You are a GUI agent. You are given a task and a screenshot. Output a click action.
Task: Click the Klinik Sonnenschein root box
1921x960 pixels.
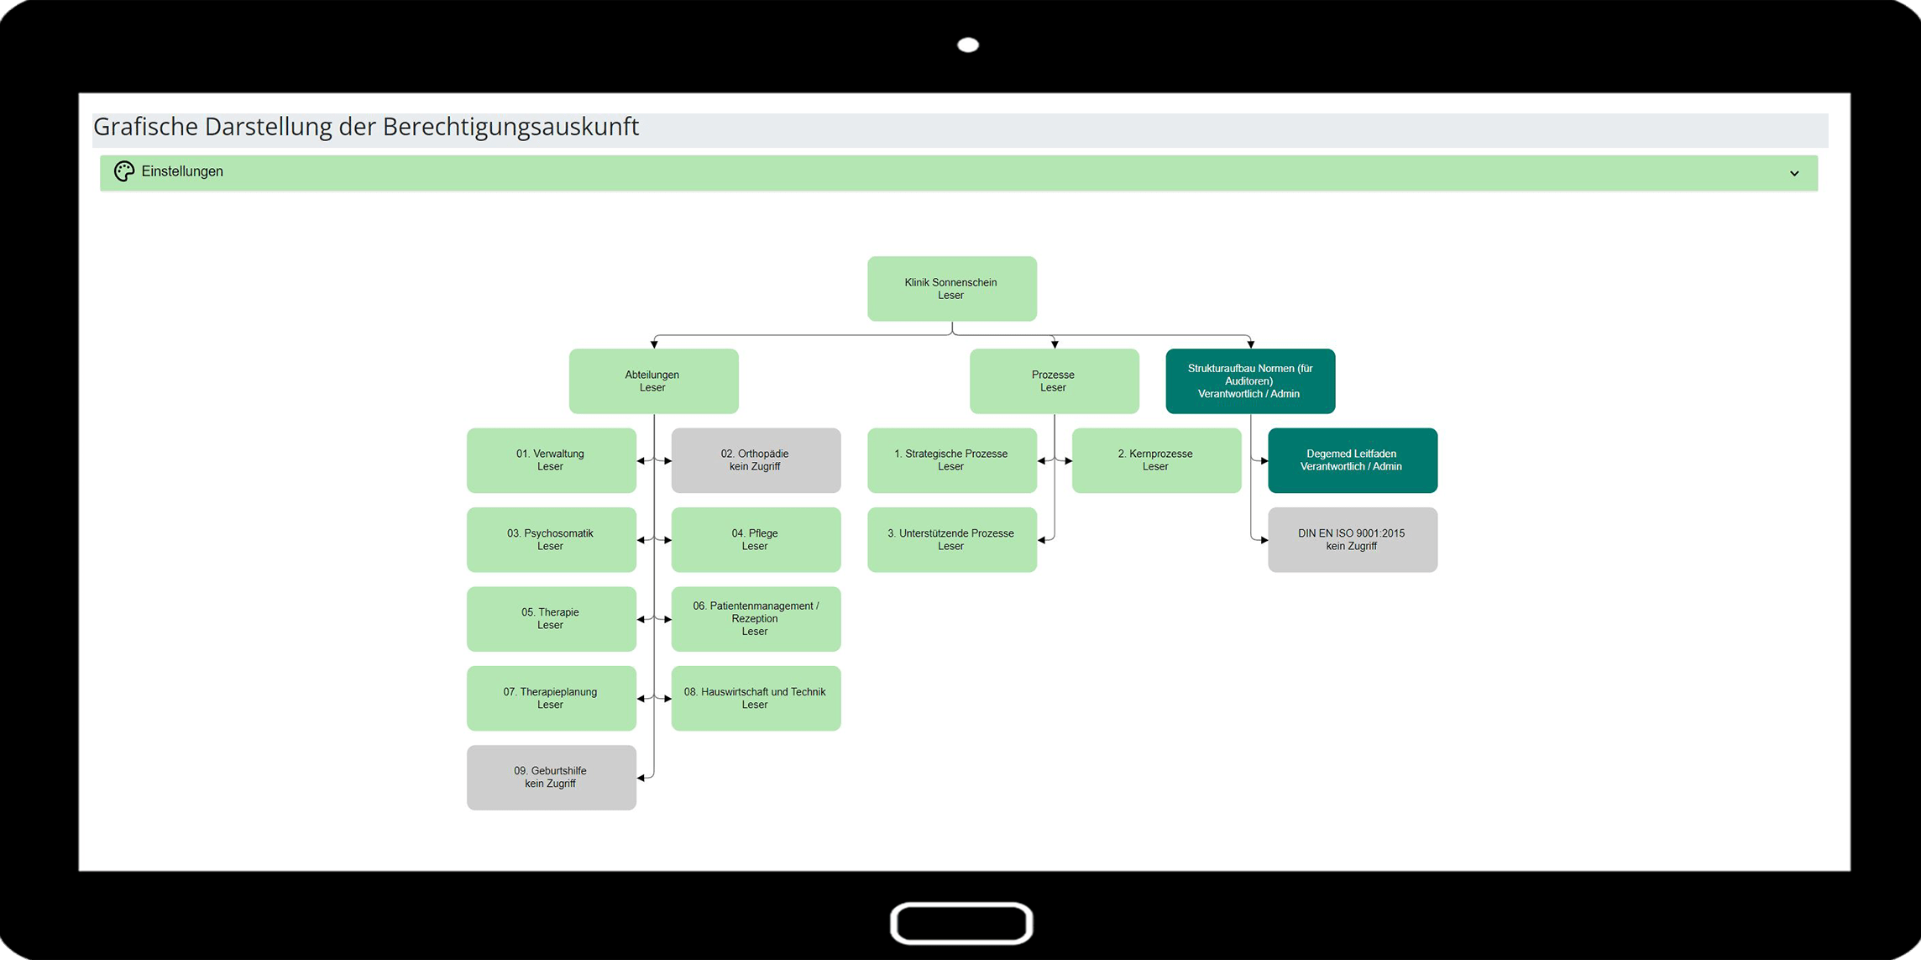(x=951, y=289)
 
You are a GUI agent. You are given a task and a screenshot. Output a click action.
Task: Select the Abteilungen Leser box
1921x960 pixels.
(x=653, y=381)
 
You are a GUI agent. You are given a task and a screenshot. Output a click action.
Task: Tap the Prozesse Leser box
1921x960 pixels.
(x=1054, y=381)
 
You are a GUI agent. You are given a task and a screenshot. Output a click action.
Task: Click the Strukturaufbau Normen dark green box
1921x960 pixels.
(x=1250, y=381)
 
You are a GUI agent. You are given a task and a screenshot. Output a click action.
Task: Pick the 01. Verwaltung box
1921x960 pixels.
(x=551, y=460)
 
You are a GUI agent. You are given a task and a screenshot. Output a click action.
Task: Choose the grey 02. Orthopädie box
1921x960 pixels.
(x=756, y=460)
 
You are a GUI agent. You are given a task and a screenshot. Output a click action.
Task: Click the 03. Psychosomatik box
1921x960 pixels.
(x=551, y=540)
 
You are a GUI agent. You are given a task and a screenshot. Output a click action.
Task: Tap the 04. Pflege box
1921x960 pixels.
(x=756, y=540)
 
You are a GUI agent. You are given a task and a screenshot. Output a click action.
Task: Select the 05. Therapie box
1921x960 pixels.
(x=551, y=619)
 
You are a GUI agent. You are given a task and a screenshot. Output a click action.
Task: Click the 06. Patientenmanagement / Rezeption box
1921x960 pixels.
(x=756, y=619)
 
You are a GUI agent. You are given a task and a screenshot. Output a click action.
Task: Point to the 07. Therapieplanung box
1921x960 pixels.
(x=551, y=699)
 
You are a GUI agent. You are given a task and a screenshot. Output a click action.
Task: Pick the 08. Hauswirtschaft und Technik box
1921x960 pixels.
(x=756, y=699)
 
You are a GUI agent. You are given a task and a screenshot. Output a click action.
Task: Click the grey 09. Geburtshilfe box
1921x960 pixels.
(x=551, y=778)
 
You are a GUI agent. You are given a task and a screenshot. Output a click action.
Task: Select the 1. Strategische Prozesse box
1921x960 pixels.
(x=951, y=460)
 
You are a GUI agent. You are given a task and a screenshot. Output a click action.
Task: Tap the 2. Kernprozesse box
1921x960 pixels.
(x=1156, y=460)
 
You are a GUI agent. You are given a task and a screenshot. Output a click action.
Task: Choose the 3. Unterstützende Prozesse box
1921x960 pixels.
(x=951, y=540)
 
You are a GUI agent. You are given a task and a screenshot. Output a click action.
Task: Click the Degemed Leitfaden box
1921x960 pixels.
(x=1353, y=460)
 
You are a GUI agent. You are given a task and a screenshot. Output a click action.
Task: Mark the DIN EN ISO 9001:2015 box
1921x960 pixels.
(x=1353, y=540)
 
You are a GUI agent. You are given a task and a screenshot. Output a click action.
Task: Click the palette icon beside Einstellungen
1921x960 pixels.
(x=124, y=171)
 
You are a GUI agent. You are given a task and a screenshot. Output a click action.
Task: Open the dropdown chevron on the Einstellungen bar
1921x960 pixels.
(x=1794, y=174)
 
